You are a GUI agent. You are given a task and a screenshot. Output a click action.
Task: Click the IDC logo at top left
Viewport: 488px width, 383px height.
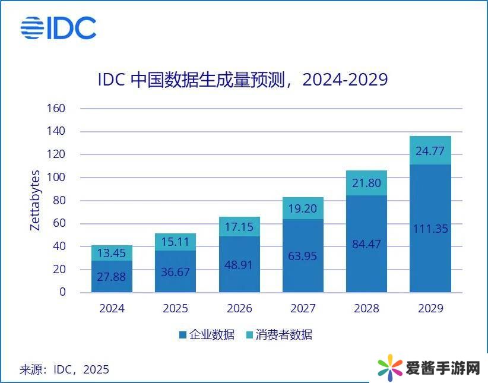pyautogui.click(x=58, y=28)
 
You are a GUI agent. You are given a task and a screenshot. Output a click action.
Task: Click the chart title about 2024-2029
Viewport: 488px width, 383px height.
pyautogui.click(x=243, y=80)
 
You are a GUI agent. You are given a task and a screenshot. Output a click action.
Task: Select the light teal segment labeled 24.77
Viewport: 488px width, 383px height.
pyautogui.click(x=430, y=150)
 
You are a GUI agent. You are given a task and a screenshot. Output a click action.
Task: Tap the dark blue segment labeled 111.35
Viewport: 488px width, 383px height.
pyautogui.click(x=430, y=229)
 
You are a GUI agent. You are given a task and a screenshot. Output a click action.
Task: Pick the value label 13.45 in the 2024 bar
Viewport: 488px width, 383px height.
pyautogui.click(x=112, y=254)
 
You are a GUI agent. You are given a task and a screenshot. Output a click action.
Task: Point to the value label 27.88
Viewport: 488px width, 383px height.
pyautogui.click(x=112, y=276)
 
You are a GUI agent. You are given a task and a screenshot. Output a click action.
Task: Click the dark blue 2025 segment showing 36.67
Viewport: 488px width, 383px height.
pyautogui.click(x=175, y=271)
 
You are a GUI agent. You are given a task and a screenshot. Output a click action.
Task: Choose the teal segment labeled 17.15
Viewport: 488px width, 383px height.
pyautogui.click(x=239, y=227)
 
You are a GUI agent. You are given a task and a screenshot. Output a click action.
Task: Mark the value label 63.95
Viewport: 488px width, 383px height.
pyautogui.click(x=303, y=257)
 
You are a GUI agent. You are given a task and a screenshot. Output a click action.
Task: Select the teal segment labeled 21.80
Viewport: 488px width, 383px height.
pyautogui.click(x=366, y=183)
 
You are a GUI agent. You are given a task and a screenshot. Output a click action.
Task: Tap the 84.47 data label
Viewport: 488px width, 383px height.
pyautogui.click(x=366, y=244)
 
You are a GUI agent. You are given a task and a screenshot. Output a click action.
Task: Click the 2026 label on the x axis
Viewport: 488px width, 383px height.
pyautogui.click(x=239, y=309)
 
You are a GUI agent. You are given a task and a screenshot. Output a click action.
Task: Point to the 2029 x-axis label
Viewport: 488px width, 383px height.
pyautogui.click(x=430, y=309)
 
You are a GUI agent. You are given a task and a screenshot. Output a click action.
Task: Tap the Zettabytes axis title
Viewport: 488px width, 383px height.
pyautogui.click(x=35, y=200)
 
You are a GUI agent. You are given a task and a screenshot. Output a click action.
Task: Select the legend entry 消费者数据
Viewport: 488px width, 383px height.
pyautogui.click(x=278, y=335)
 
